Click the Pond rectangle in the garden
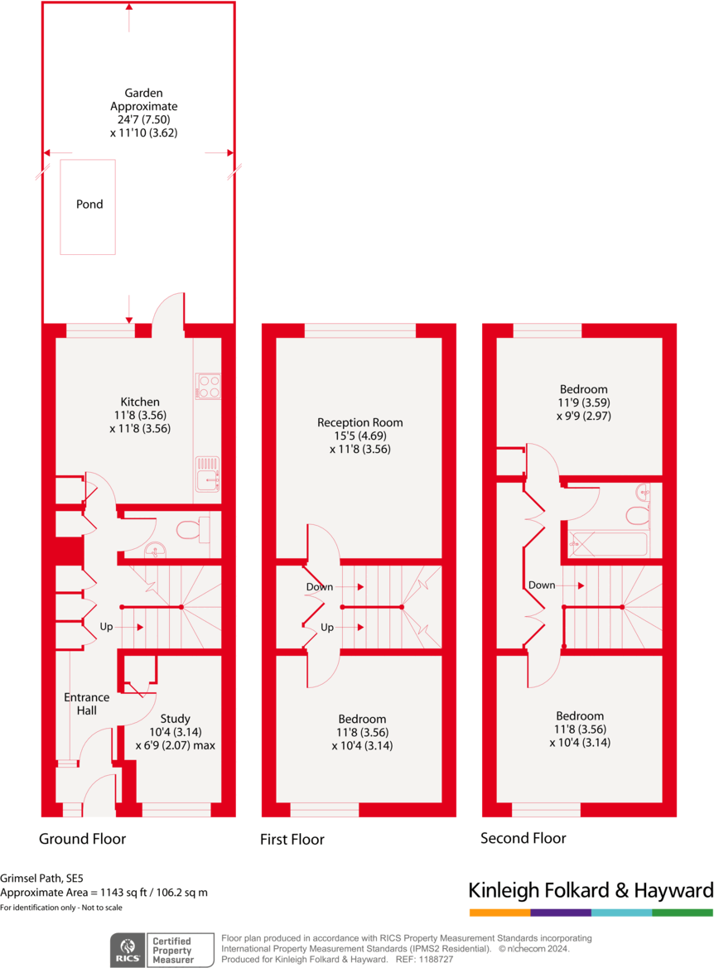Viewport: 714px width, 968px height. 88,206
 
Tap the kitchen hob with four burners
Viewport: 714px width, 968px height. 207,386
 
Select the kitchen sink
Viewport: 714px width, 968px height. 207,474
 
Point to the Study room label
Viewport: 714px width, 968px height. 175,719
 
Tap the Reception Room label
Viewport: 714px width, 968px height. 359,422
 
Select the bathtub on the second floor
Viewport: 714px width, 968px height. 607,545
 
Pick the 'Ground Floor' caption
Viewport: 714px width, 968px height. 83,839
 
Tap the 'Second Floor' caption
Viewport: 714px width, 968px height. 523,838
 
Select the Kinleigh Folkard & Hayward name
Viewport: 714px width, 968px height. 591,891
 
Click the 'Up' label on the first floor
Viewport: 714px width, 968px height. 326,628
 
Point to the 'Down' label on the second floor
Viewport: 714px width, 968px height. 541,585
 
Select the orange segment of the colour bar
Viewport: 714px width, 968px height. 499,913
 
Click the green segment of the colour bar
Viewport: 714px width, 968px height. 683,913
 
